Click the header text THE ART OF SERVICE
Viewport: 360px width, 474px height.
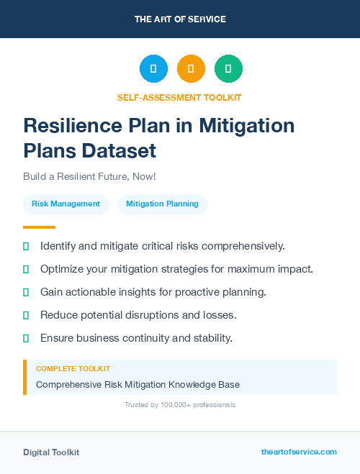(x=180, y=19)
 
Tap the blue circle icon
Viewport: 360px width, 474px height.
(x=153, y=69)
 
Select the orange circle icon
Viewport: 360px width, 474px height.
(x=191, y=69)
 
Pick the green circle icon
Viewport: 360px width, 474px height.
(x=228, y=69)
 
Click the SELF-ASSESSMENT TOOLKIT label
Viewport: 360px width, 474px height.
(x=179, y=97)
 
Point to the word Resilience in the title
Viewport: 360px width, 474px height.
(x=71, y=125)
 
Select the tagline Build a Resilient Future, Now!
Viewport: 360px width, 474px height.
(x=89, y=176)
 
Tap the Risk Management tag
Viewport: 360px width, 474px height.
(x=66, y=204)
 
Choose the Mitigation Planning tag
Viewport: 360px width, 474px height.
(x=162, y=204)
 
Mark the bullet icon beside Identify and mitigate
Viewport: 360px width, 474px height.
(x=26, y=247)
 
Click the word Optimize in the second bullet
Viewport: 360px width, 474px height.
(x=63, y=269)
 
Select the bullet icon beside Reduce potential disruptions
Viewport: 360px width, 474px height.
(x=26, y=315)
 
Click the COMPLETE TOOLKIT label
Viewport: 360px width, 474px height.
(x=73, y=369)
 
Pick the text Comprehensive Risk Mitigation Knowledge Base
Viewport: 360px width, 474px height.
(x=138, y=385)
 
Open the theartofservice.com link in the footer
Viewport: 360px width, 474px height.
(x=299, y=452)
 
